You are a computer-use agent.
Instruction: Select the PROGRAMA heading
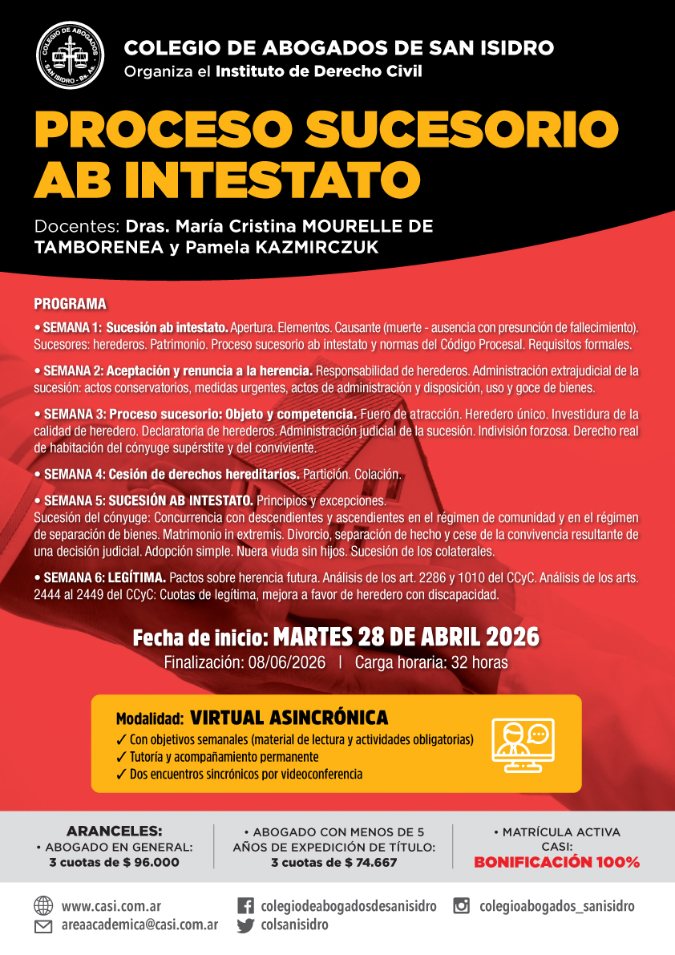(x=70, y=305)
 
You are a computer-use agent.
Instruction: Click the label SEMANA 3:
(x=75, y=415)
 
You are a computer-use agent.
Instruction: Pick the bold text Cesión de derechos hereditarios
(x=204, y=474)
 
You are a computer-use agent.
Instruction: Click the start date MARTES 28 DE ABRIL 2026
(x=406, y=637)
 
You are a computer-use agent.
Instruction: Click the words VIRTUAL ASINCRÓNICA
(x=289, y=717)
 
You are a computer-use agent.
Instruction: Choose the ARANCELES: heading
(x=114, y=830)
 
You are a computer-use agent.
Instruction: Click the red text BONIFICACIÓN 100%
(x=556, y=863)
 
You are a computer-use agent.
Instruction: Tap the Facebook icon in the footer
(x=246, y=906)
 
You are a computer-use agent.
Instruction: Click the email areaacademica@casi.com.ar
(x=139, y=925)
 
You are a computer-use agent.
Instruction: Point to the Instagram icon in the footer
(x=461, y=906)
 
